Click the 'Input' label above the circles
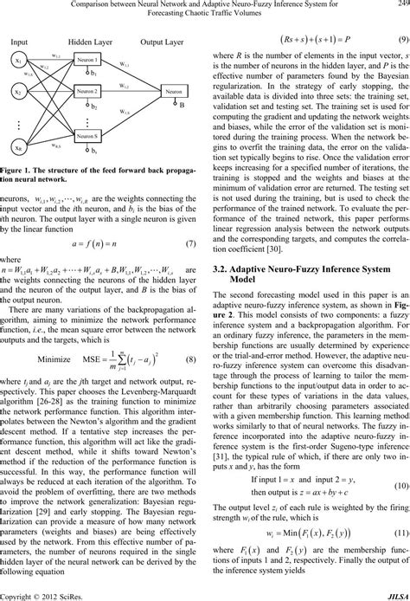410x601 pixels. pos(20,42)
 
